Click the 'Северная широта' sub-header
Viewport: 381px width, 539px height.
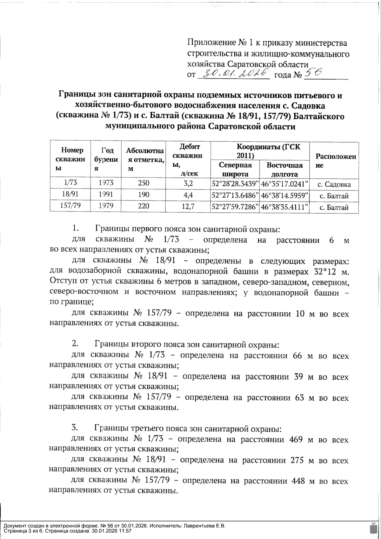coord(235,170)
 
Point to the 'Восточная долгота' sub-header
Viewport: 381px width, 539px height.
coord(284,170)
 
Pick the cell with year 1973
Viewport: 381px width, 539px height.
coord(106,183)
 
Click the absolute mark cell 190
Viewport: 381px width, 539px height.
coord(144,194)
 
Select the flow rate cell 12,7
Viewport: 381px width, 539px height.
coord(188,207)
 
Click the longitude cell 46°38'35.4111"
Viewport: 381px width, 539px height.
coord(284,207)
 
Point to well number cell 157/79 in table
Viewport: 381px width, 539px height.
coord(70,206)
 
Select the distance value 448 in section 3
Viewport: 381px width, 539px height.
coord(298,481)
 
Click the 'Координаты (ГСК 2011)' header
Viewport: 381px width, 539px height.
coord(260,151)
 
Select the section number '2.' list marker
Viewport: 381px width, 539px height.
coord(75,343)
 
